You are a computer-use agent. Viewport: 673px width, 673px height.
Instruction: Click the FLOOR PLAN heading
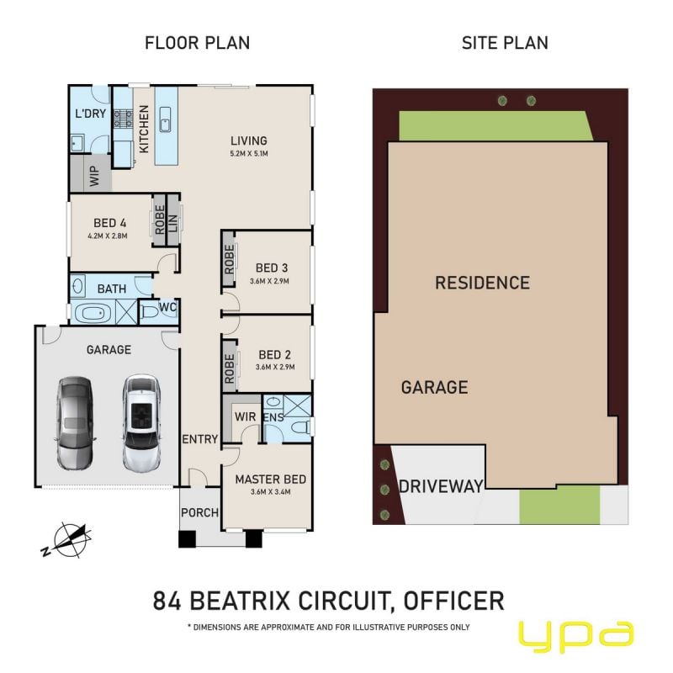pos(197,43)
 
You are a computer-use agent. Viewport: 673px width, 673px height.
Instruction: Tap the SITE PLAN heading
pos(505,43)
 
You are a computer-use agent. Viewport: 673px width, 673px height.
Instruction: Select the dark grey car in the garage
pos(75,423)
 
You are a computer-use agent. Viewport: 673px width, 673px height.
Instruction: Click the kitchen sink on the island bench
pos(165,119)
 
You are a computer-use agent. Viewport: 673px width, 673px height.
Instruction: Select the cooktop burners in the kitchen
pos(123,119)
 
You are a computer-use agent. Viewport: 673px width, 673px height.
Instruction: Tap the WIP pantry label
pos(94,176)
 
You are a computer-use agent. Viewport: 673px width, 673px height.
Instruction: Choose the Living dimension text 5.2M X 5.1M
pos(249,153)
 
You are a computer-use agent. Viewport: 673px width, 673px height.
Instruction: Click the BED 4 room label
pos(110,223)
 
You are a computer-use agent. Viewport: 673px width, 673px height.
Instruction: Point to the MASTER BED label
pos(270,480)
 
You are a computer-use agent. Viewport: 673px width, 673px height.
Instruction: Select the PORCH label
pos(199,512)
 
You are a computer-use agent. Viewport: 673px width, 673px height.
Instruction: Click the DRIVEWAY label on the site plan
pos(441,486)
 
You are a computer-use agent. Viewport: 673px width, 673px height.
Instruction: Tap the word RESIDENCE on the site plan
pos(482,283)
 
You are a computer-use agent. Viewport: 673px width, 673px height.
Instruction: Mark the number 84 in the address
pos(167,601)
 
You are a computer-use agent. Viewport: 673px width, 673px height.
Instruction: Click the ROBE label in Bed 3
pos(229,259)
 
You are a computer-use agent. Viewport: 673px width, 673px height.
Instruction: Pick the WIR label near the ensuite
pos(245,416)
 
